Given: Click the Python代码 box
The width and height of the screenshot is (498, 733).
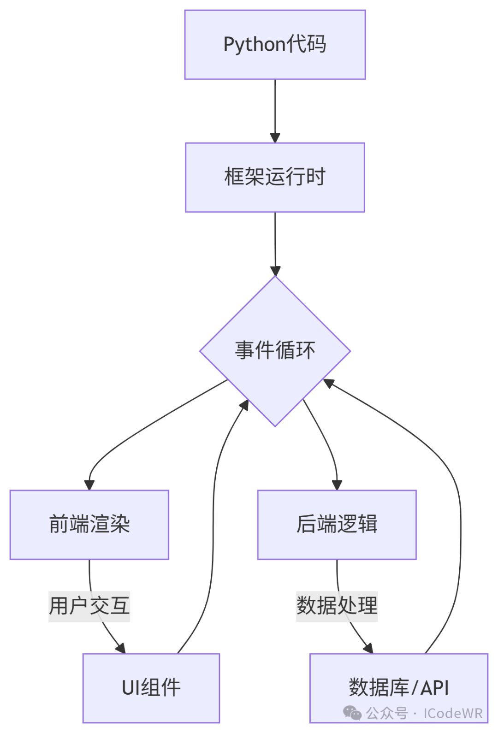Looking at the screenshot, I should point(275,45).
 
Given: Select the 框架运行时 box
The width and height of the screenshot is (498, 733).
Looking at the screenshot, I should point(275,177).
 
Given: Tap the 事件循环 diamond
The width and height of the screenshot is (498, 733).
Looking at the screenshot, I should point(275,351).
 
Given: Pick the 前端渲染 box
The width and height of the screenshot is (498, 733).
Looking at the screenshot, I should point(89,525).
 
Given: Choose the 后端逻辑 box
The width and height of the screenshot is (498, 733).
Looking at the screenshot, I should point(337,525).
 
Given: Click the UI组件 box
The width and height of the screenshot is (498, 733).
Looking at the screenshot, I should point(151,688).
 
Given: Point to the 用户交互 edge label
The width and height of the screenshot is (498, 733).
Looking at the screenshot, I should point(89,606).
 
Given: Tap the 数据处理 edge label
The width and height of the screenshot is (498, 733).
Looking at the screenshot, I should point(337,606).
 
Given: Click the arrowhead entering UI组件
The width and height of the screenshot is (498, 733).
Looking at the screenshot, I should point(121,648).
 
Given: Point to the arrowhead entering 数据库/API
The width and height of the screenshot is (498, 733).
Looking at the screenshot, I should point(368,648).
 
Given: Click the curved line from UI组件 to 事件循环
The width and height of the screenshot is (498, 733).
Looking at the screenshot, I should point(213,530).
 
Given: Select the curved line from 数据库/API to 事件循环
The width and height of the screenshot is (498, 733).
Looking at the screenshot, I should point(460,530).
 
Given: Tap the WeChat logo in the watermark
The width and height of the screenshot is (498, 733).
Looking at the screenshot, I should point(352,713).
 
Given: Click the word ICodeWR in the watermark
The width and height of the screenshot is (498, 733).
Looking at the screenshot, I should point(453,714).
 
